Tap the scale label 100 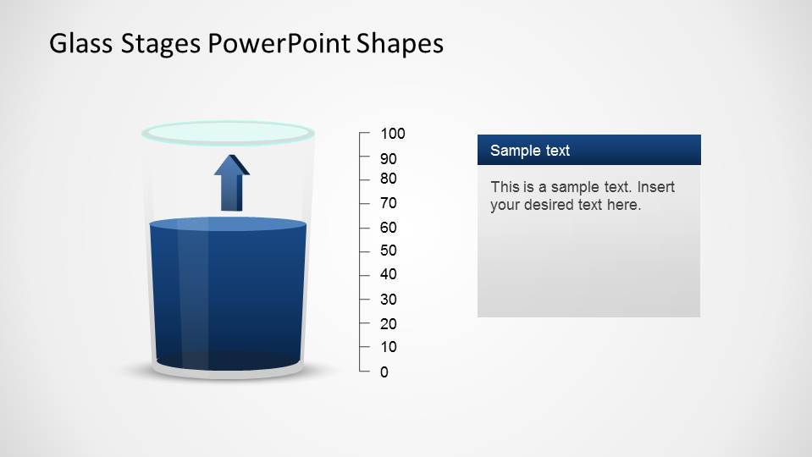pos(393,134)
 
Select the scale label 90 pos(389,159)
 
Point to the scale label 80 pos(389,179)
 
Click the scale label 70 pos(389,203)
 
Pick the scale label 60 pos(389,228)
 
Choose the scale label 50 pos(389,251)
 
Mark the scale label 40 pos(389,274)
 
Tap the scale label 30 pos(389,300)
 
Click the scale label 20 pos(389,324)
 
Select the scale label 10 pos(389,347)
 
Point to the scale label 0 pos(384,372)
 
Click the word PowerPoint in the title pos(278,44)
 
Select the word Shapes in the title pos(399,44)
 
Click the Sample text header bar pos(588,151)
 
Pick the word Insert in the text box pos(655,187)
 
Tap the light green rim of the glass pos(228,132)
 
